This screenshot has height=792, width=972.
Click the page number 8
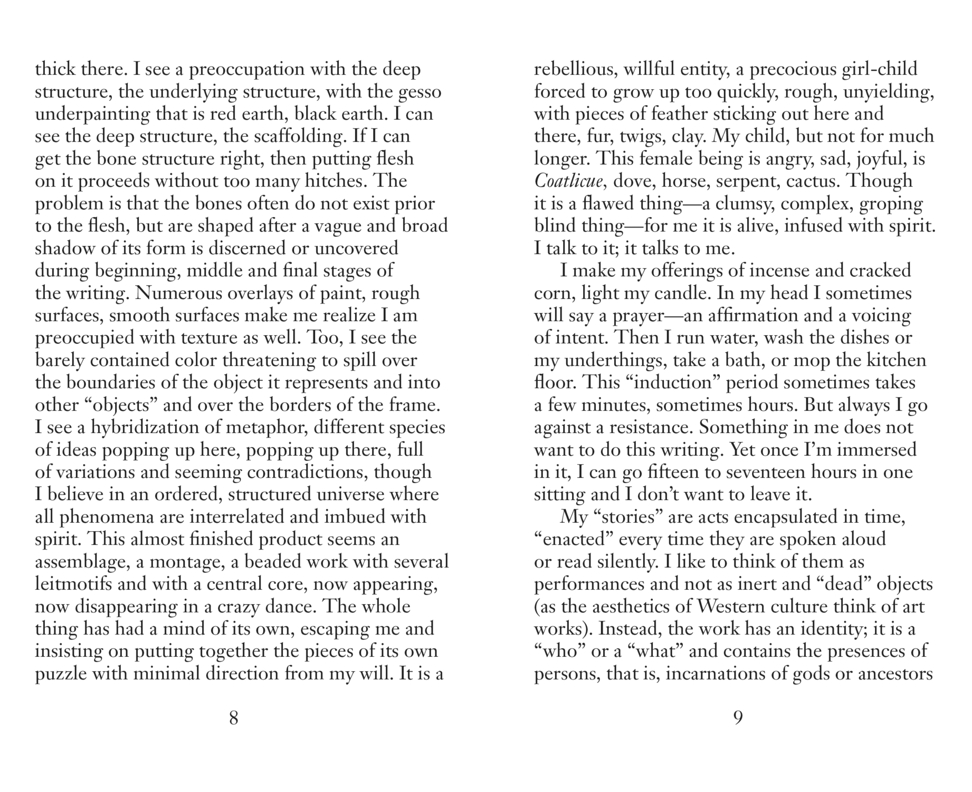(234, 718)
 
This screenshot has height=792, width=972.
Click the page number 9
(738, 718)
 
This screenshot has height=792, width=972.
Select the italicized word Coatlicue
(568, 181)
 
